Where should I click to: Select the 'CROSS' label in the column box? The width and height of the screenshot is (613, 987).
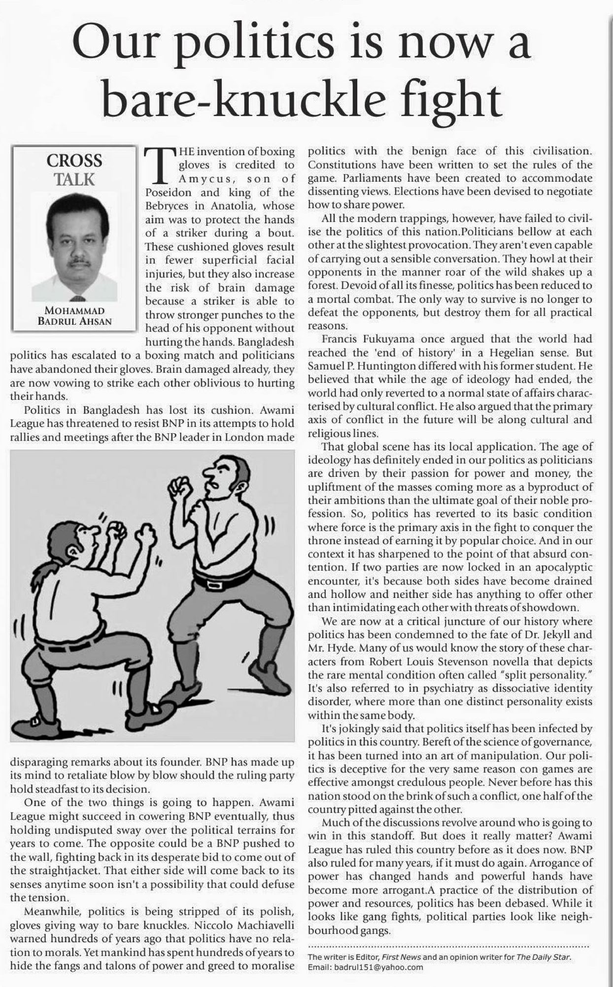click(x=74, y=161)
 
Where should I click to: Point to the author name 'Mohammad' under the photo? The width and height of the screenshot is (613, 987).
click(x=74, y=311)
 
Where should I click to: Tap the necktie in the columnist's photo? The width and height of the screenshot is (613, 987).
click(x=77, y=298)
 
